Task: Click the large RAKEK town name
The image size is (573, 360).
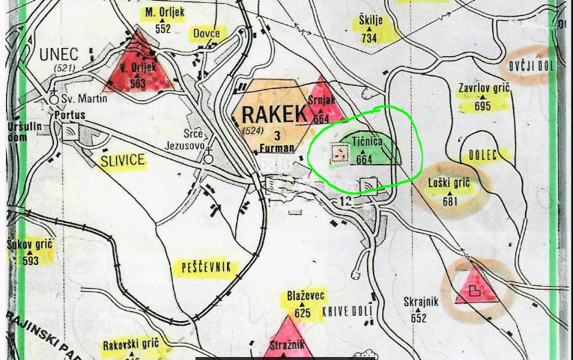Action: tap(274, 114)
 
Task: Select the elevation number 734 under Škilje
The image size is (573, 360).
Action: tap(369, 37)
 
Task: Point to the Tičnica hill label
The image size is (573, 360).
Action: tap(366, 141)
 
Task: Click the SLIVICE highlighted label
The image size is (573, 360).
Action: tap(122, 162)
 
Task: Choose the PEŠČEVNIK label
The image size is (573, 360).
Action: tap(207, 268)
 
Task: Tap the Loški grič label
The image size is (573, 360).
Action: tap(449, 183)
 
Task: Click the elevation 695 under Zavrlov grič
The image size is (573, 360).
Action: tap(482, 106)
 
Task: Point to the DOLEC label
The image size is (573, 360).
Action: tap(484, 156)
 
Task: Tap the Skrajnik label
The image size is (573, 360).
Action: tap(419, 302)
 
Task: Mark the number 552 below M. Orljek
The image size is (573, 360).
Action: tap(163, 29)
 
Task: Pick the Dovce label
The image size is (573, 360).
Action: tap(206, 34)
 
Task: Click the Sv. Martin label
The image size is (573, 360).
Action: tap(83, 98)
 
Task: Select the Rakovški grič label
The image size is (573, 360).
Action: tap(131, 344)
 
